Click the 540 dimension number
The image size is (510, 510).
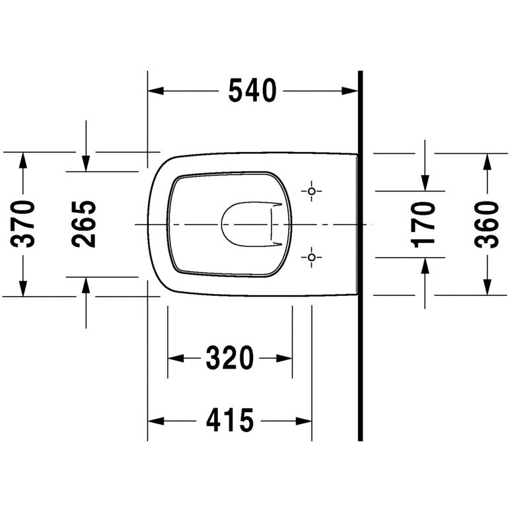point(252,91)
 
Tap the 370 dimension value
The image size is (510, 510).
point(22,224)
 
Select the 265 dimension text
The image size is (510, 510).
point(84,224)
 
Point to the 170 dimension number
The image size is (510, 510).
point(423,225)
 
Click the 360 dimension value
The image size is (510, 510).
point(487,225)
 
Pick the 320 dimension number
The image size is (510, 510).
point(230,358)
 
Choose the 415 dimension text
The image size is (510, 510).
point(230,421)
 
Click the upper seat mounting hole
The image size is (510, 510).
point(312,191)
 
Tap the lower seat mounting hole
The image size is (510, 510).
point(312,257)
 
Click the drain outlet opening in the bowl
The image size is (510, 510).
point(222,224)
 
